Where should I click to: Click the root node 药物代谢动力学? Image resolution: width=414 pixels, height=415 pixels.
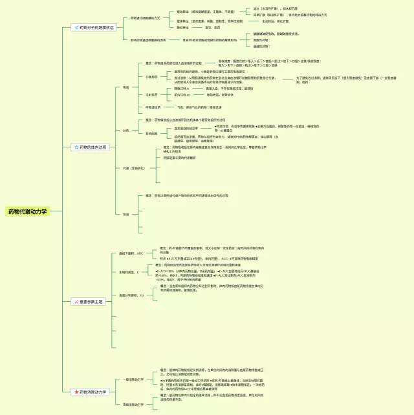tap(27, 211)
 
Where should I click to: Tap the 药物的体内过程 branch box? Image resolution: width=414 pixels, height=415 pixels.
tap(91, 147)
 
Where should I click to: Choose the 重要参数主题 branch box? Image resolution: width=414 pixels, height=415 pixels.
tap(87, 301)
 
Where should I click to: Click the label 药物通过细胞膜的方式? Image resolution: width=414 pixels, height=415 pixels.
tap(145, 18)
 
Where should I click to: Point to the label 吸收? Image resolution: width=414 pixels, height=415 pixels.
tap(125, 87)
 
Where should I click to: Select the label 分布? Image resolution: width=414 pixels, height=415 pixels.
tap(125, 130)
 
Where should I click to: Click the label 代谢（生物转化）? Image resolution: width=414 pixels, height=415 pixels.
tap(130, 169)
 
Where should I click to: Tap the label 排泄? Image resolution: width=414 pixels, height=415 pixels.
tap(125, 214)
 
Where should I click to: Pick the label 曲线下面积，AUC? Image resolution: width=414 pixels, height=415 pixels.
tap(131, 253)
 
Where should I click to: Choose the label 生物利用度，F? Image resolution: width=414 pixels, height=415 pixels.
tap(129, 272)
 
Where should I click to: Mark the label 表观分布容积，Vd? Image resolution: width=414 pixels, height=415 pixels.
tap(132, 295)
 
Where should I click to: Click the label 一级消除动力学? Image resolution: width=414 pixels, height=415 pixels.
tap(133, 379)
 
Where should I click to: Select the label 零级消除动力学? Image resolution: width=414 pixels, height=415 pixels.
tap(133, 404)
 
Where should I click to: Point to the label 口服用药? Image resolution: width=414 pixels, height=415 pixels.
tap(151, 77)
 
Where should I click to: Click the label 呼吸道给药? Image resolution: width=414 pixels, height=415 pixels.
tap(153, 107)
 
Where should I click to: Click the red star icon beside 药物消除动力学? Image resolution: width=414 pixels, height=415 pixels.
tap(76, 392)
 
